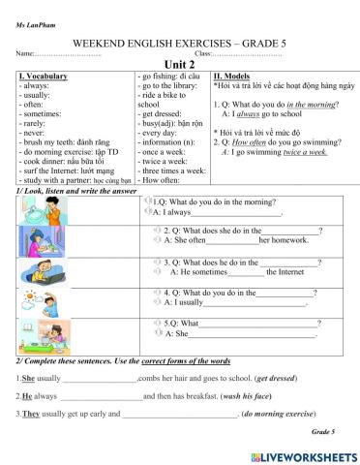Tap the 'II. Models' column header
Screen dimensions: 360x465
click(232, 76)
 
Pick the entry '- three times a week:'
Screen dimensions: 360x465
click(176, 169)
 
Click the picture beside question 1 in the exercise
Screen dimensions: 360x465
click(38, 207)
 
